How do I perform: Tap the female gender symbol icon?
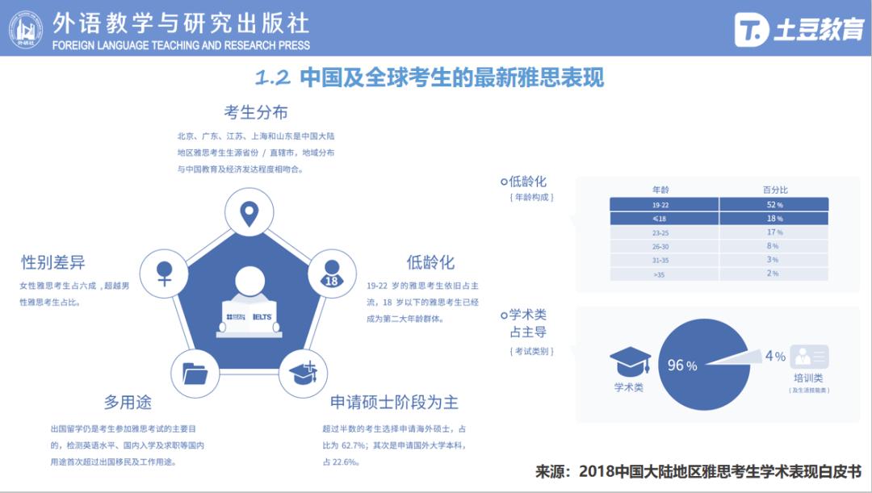point(165,272)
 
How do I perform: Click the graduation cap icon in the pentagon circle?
point(303,373)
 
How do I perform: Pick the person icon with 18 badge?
point(331,272)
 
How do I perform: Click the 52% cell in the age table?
point(773,205)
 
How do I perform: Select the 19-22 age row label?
point(660,205)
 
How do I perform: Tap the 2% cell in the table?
point(773,274)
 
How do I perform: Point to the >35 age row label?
point(660,274)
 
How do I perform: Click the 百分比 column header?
point(774,190)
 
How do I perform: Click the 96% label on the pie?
point(681,366)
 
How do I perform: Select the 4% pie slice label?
point(774,356)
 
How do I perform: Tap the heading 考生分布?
point(255,112)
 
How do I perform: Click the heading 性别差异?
point(52,262)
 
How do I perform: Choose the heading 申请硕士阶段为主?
point(394,402)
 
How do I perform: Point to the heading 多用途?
point(127,402)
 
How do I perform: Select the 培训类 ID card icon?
point(809,357)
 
